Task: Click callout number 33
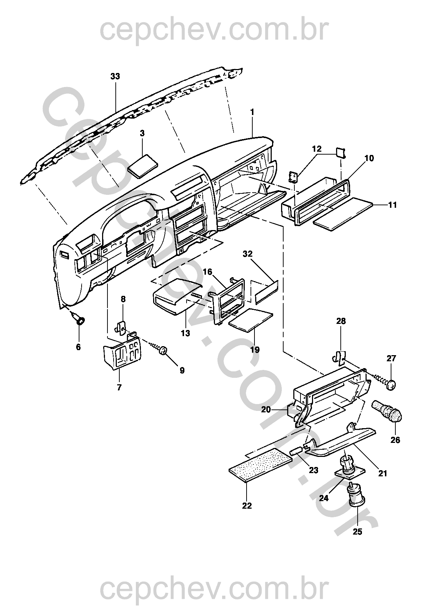(115, 76)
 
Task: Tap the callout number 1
(252, 112)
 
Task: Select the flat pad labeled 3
(144, 167)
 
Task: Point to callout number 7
(119, 388)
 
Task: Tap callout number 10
(369, 158)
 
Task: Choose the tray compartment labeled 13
(177, 296)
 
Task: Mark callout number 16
(208, 272)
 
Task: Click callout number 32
(247, 254)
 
